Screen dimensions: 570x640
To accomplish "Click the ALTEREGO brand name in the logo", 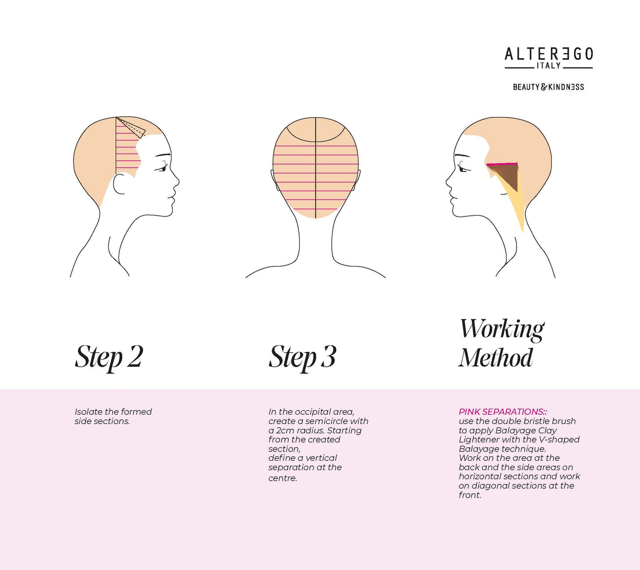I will tap(548, 54).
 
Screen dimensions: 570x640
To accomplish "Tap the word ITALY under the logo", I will tap(548, 66).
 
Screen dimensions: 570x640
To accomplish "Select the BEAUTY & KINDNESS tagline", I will tap(548, 87).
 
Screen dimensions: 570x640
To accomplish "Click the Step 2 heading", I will tap(109, 357).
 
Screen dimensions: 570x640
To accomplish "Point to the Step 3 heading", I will tap(303, 357).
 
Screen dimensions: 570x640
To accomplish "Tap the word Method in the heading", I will tap(496, 358).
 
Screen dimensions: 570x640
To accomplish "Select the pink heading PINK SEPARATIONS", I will tap(502, 412).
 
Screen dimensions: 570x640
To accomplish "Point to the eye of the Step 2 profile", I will tap(162, 168).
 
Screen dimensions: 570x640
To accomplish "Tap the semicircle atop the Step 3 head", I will tap(315, 131).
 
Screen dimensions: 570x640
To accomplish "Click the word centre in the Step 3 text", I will tap(282, 478).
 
